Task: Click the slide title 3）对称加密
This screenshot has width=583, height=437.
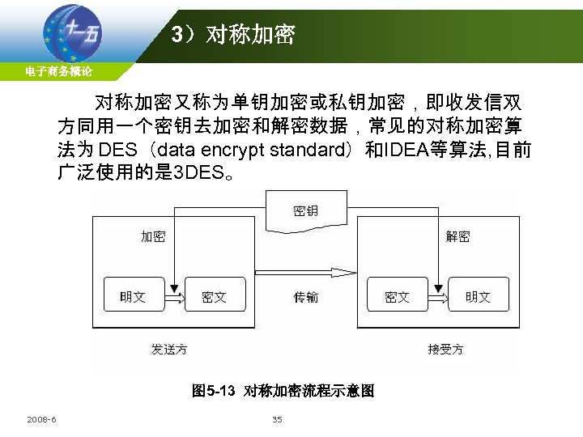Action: pos(233,35)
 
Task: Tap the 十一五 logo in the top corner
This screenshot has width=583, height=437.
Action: pos(73,32)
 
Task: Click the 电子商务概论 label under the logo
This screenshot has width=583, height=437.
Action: pos(58,72)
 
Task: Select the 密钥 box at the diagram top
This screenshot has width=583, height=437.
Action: pos(305,211)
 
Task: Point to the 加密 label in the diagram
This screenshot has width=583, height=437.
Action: pos(153,236)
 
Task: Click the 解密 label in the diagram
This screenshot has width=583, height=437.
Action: pos(457,236)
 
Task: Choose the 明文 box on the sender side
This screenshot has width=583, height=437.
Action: pos(133,297)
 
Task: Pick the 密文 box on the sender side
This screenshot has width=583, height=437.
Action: pos(214,297)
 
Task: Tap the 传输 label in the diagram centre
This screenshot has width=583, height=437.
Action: pos(306,297)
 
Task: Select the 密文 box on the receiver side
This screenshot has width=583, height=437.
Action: pos(397,297)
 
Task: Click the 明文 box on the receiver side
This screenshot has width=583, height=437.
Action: pos(478,297)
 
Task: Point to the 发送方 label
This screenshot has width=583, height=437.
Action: pos(169,349)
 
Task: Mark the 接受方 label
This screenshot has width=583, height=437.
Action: pos(445,349)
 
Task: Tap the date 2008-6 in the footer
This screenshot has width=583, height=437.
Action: pos(41,419)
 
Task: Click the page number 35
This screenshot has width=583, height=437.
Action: pos(277,419)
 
